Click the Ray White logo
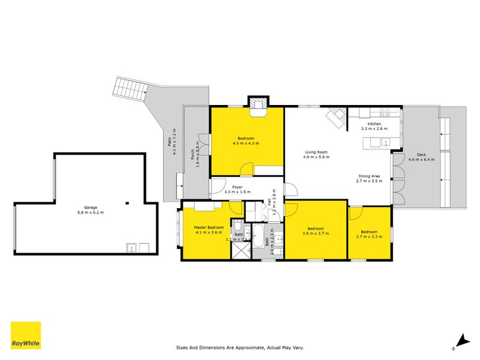point(26,335)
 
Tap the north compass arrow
point(460,340)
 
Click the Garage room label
point(90,208)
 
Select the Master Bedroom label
point(209,228)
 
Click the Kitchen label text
point(374,124)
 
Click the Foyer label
point(238,187)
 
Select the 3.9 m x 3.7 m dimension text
point(316,233)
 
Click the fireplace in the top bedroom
point(259,105)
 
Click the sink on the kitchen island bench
point(385,142)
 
